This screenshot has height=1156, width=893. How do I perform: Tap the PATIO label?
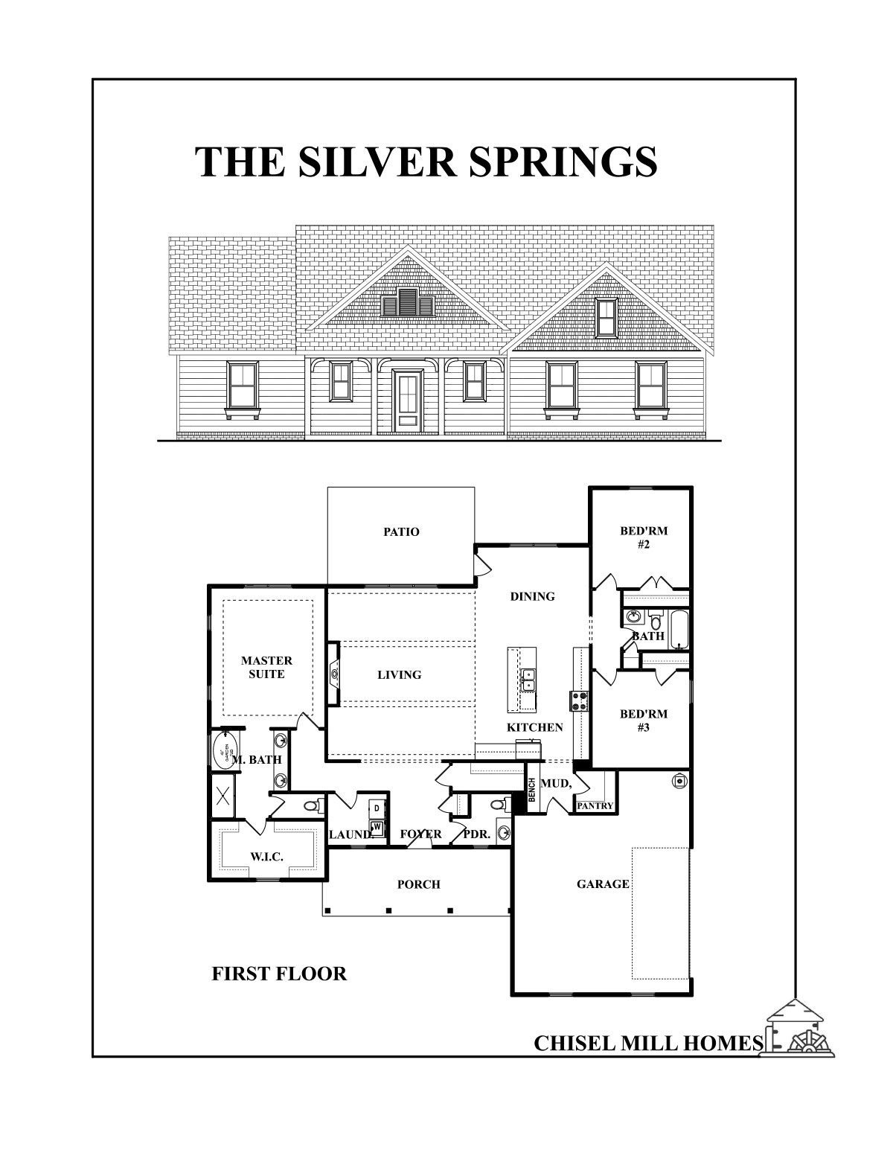click(x=401, y=531)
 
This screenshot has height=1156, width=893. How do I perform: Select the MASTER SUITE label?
click(x=266, y=667)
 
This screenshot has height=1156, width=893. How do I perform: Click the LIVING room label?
click(x=399, y=674)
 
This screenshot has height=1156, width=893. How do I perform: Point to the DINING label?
click(x=532, y=596)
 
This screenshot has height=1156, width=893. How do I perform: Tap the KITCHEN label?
click(x=534, y=727)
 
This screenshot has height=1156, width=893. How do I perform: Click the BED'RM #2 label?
click(x=644, y=537)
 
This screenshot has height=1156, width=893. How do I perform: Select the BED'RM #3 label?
click(x=644, y=721)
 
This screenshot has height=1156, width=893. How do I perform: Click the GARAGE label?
click(x=603, y=884)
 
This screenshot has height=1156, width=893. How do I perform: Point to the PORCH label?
click(x=418, y=884)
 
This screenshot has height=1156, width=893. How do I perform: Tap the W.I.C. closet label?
click(x=266, y=857)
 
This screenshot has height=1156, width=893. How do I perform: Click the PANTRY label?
click(x=595, y=805)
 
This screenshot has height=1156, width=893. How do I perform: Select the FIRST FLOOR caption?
click(x=279, y=974)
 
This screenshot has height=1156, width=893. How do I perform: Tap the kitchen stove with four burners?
click(x=579, y=700)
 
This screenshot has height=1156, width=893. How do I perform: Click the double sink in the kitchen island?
click(x=528, y=680)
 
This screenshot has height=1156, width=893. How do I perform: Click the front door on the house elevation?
click(x=407, y=400)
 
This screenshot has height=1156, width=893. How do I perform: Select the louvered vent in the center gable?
click(x=407, y=304)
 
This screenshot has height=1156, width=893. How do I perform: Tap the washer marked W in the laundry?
click(x=377, y=827)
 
